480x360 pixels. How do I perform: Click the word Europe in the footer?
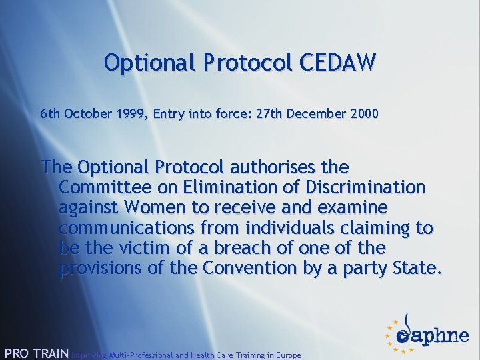point(285,355)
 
